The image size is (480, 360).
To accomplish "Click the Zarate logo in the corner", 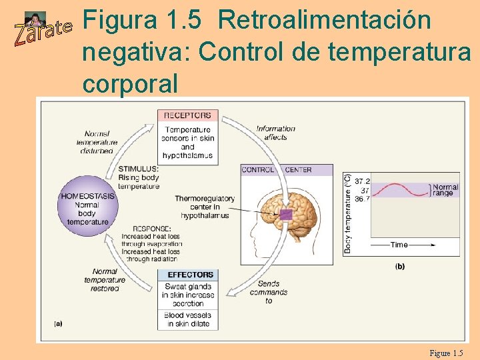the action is coord(42,29).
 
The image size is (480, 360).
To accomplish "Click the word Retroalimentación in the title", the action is coord(325,21).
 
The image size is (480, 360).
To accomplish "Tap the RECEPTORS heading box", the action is coord(188,115).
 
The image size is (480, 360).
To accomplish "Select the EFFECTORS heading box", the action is coord(191,275).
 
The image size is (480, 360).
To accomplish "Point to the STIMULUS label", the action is coord(138,169).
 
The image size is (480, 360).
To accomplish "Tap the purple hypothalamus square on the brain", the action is coord(286,215).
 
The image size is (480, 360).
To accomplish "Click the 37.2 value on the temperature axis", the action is coord(362,181).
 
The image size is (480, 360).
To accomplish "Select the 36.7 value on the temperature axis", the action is coord(362,199).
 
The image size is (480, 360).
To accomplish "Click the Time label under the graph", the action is coord(399,245).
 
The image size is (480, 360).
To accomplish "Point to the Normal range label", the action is coord(445,189).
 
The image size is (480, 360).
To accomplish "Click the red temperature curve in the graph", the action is coord(400,190).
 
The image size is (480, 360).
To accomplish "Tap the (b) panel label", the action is coord(399,267).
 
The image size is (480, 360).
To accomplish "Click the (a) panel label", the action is coord(58,323).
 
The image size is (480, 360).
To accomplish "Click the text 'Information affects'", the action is coord(275,133).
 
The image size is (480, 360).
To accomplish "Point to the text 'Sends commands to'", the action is coord(269,292).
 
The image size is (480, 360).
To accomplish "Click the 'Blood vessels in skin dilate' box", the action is coord(187,319).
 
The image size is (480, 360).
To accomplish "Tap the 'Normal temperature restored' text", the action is coord(105,280).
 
